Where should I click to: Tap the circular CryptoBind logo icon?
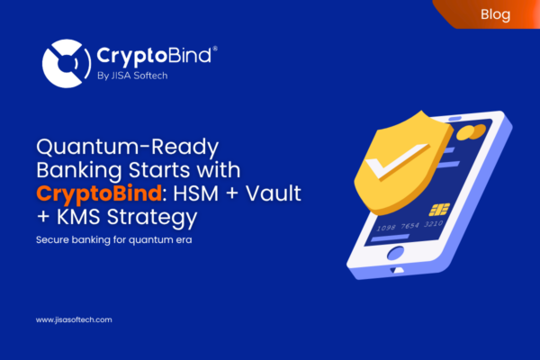(65, 61)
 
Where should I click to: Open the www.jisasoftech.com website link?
(75, 319)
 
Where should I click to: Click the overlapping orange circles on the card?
(464, 132)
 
